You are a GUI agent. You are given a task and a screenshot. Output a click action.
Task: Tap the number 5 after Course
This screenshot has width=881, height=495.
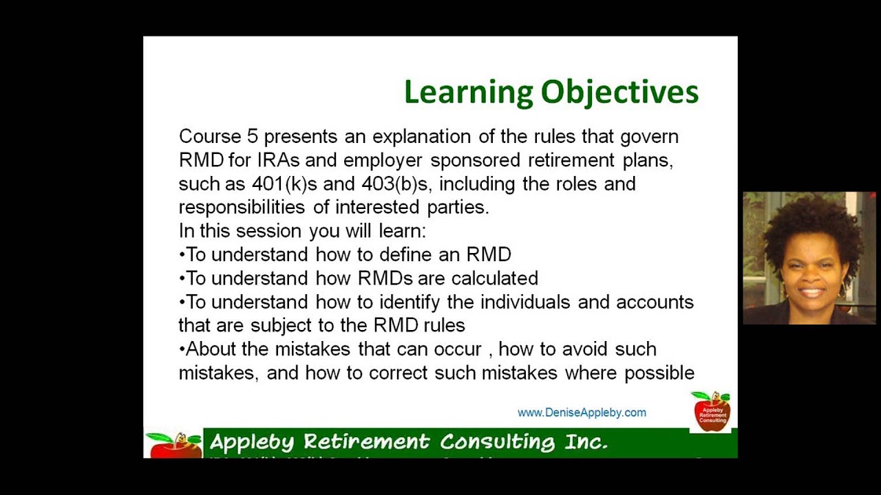pos(252,136)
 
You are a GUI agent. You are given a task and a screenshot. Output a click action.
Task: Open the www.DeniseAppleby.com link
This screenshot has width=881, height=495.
pos(582,412)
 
